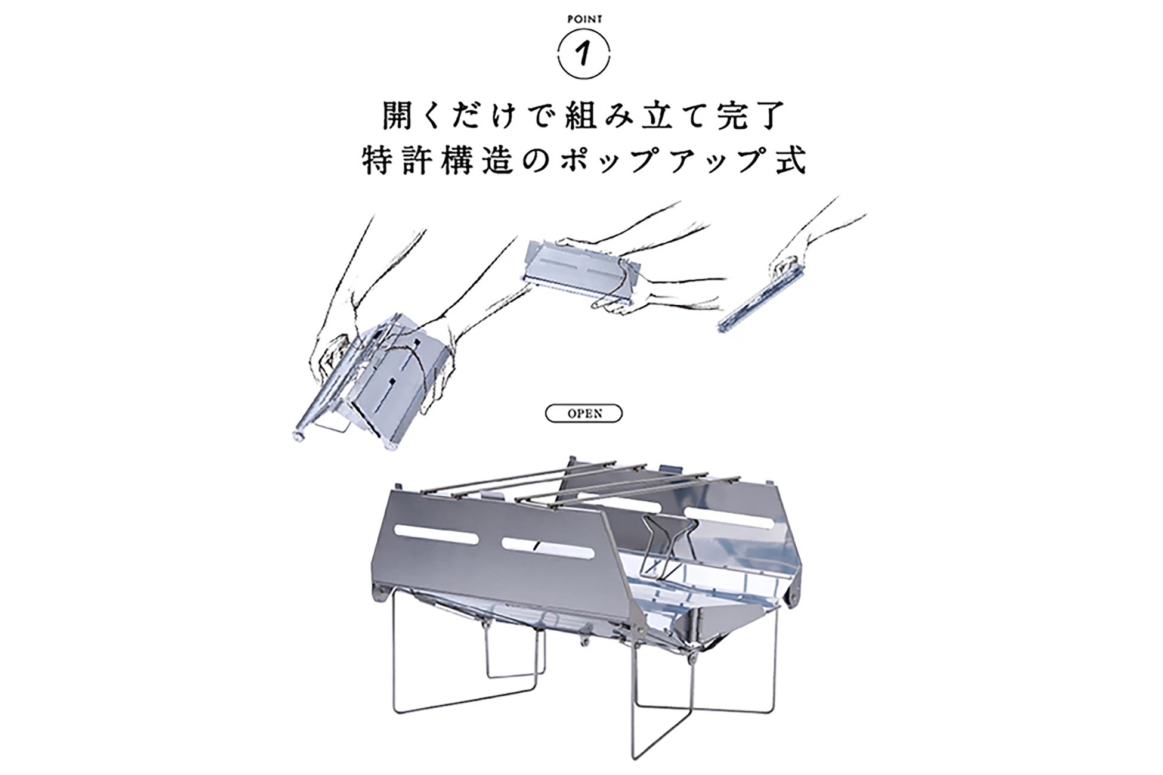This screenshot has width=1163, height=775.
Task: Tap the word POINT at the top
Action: pyautogui.click(x=584, y=19)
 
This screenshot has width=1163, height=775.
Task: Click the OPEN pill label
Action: pyautogui.click(x=584, y=413)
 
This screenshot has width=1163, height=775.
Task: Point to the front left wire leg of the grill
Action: pyautogui.click(x=397, y=668)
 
